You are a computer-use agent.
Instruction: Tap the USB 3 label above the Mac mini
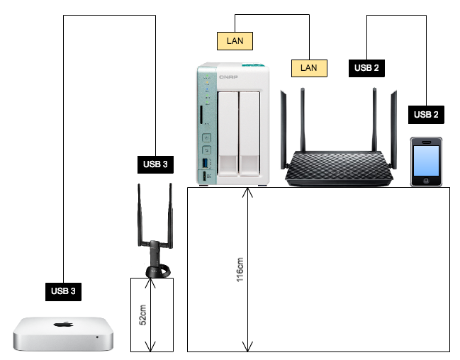click(64, 290)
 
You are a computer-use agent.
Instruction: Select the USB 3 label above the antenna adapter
click(155, 164)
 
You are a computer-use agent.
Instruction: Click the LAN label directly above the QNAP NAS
click(235, 41)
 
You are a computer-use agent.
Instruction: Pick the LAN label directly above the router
click(309, 68)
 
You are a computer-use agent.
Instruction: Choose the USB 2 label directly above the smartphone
click(426, 115)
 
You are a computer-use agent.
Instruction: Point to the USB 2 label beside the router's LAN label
click(366, 68)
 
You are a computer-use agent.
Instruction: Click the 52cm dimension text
click(142, 315)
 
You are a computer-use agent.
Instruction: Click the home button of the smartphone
click(427, 181)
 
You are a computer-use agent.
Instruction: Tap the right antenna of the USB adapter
click(170, 213)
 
